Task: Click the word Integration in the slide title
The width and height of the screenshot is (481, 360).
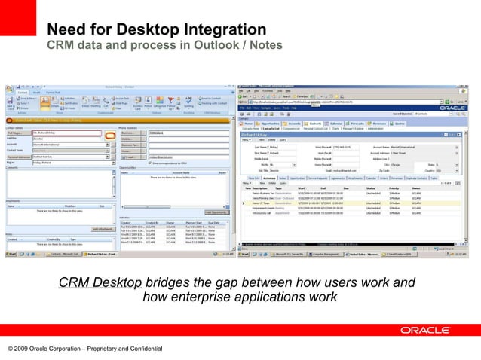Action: pos(219,29)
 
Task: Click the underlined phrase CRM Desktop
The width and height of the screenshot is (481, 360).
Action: pos(100,283)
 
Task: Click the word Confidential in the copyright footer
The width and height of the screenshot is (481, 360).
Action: pos(140,349)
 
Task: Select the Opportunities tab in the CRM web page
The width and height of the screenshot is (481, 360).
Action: pos(269,124)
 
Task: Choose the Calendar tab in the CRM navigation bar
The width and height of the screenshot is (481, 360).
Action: pos(336,124)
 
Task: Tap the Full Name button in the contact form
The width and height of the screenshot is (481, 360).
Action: pos(16,133)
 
